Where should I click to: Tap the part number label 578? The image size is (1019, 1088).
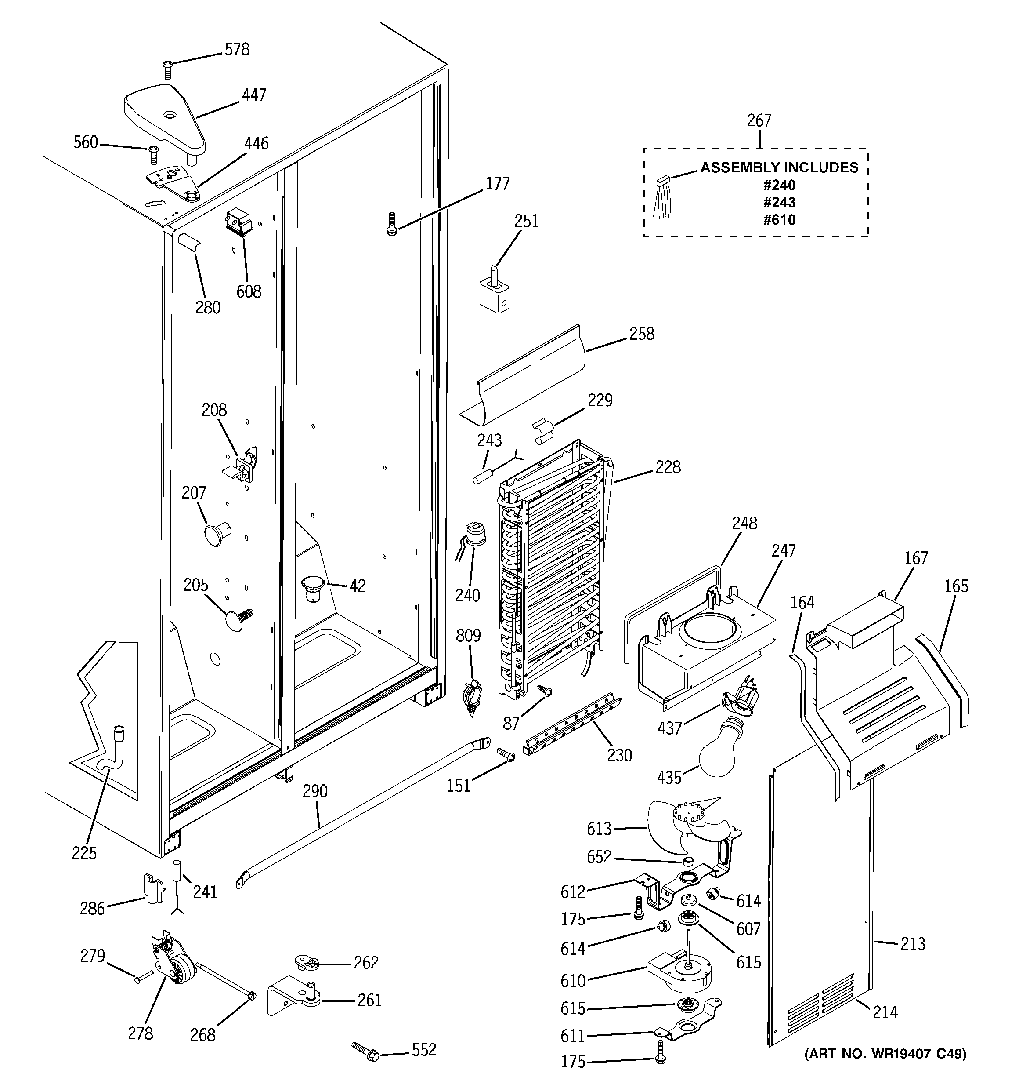point(237,50)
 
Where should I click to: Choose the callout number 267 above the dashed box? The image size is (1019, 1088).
point(759,120)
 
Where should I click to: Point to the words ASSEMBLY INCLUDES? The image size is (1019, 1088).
point(780,167)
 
